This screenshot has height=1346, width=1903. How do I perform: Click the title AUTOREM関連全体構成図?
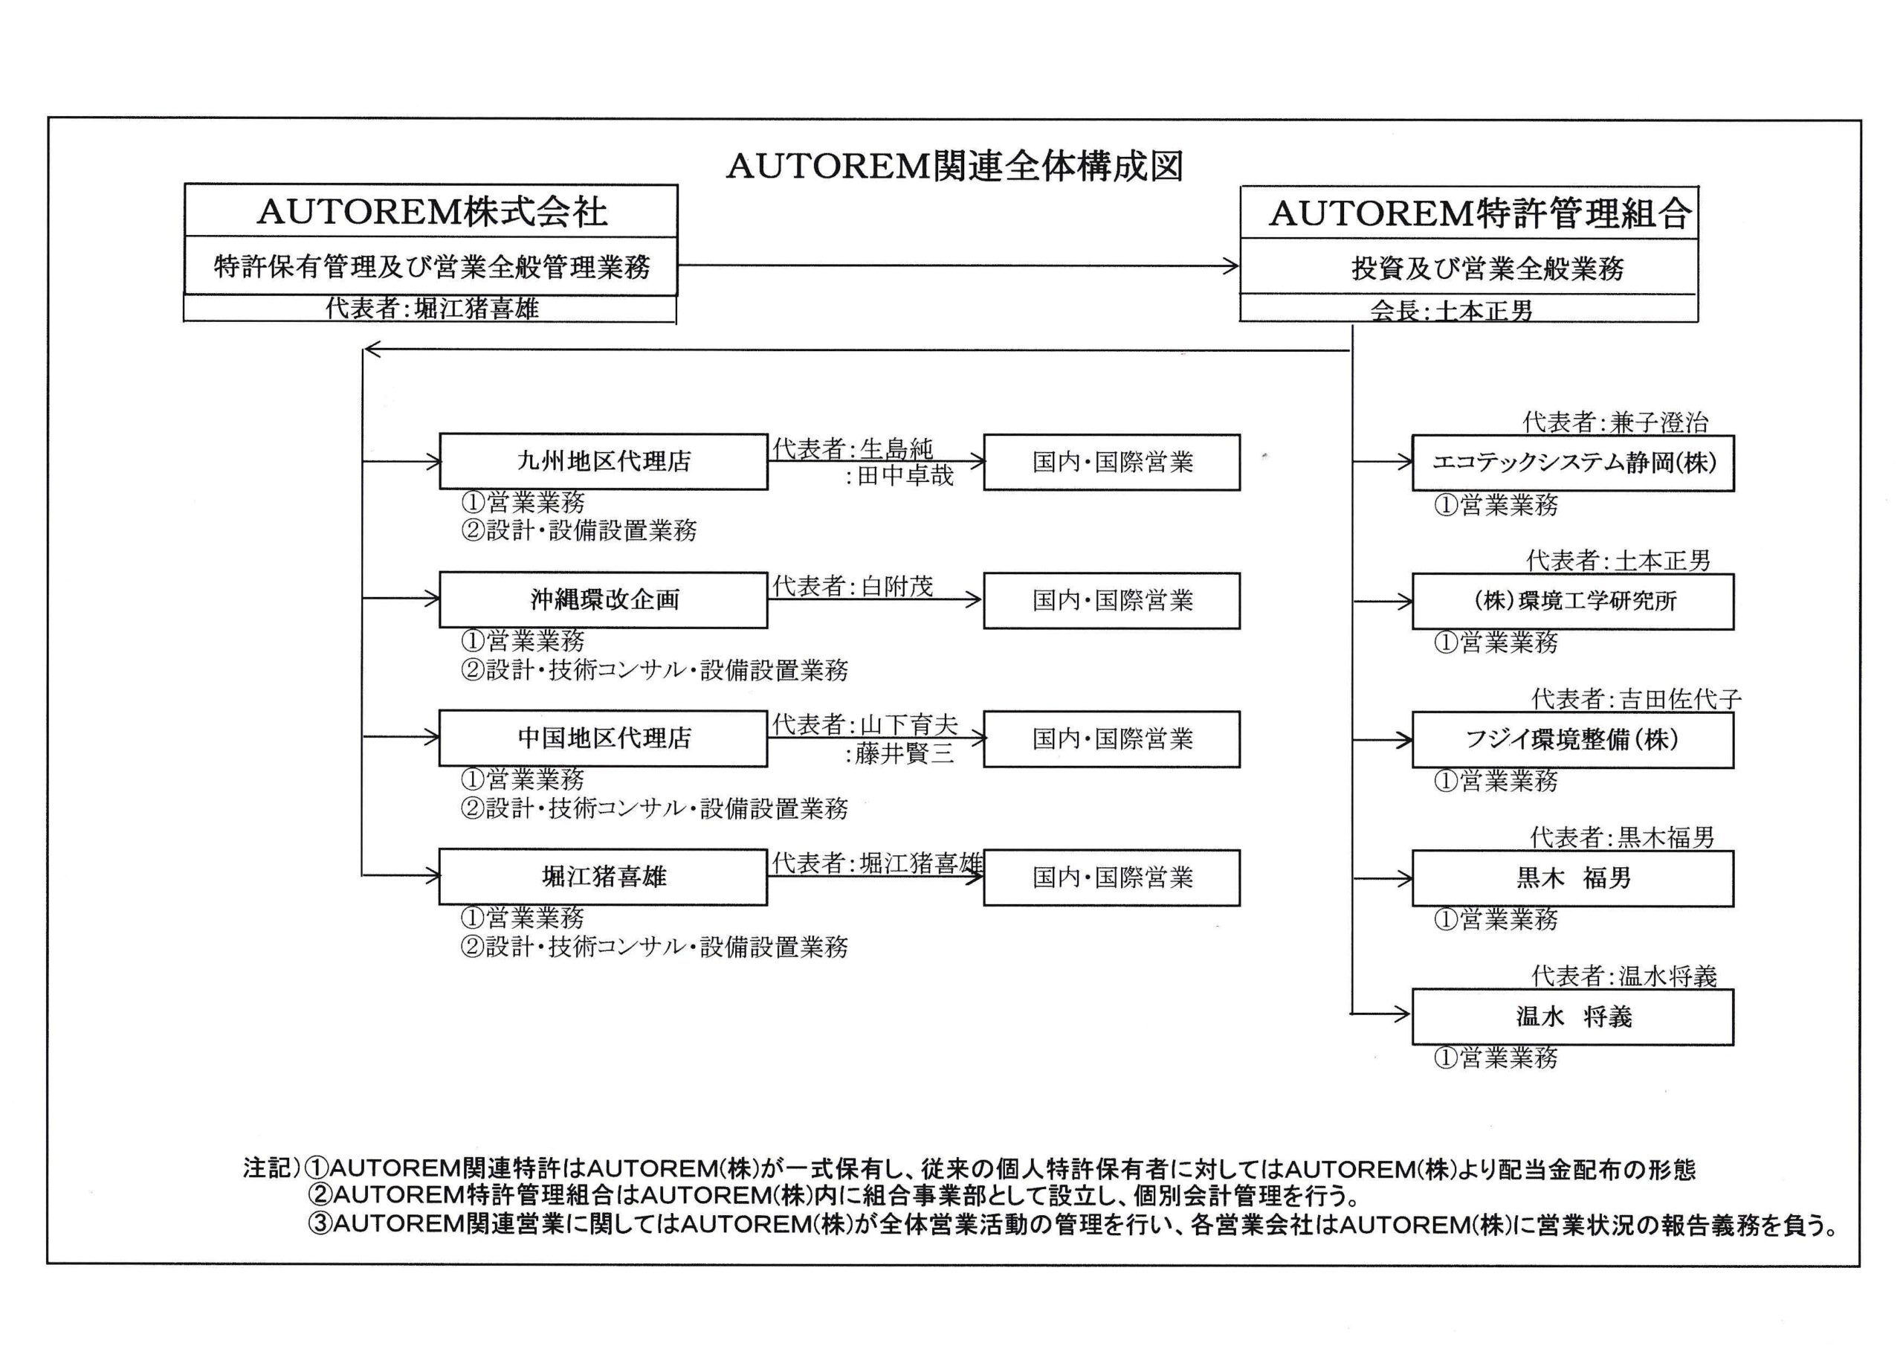tap(954, 167)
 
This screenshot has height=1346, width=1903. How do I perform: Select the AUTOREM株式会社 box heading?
tap(431, 211)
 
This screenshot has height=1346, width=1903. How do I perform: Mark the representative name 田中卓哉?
tap(905, 475)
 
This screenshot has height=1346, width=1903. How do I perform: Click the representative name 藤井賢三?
tap(905, 753)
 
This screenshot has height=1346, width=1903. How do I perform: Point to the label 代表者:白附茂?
tap(853, 586)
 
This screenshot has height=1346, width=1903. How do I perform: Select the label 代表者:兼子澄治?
tap(1615, 422)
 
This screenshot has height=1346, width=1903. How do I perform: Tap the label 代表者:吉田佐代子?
tap(1636, 699)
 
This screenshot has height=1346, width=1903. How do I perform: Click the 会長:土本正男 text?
tap(1451, 310)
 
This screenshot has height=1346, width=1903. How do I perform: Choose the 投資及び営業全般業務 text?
tap(1487, 268)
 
